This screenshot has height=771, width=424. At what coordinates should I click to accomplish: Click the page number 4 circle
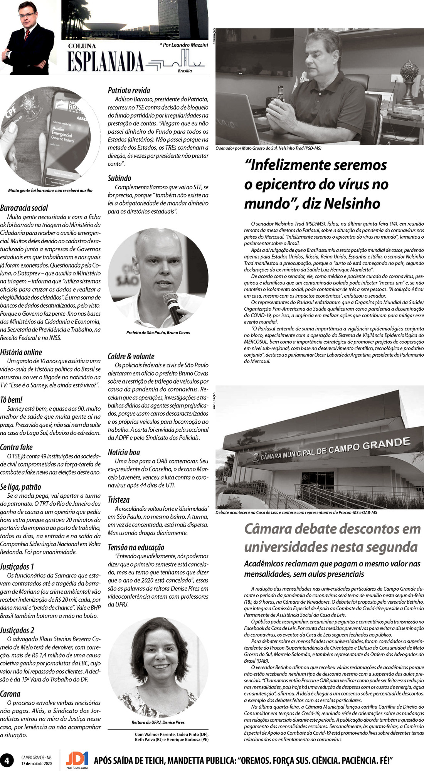point(7,760)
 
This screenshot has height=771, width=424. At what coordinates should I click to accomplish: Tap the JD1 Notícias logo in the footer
point(77,760)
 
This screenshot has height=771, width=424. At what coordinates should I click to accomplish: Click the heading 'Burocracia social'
point(24,208)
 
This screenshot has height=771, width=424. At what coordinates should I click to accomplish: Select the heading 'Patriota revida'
point(129,91)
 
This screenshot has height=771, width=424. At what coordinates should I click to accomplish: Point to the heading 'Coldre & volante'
point(131,356)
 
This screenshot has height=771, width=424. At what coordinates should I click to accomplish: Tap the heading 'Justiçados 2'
point(17,630)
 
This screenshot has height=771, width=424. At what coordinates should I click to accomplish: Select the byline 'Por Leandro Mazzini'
point(184,45)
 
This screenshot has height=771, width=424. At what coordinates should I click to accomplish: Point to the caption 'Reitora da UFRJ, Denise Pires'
point(158,722)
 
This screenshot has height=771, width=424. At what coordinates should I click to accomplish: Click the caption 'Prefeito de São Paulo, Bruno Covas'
point(158,333)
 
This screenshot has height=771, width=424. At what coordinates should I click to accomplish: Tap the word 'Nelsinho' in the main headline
point(352,203)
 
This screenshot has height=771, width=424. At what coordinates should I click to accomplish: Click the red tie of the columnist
point(27,35)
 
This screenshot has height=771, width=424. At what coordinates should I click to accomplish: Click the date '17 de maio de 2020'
point(37,763)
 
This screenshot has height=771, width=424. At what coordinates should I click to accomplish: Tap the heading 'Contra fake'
point(16,447)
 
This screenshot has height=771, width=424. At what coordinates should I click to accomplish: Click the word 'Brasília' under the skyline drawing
point(185,71)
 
